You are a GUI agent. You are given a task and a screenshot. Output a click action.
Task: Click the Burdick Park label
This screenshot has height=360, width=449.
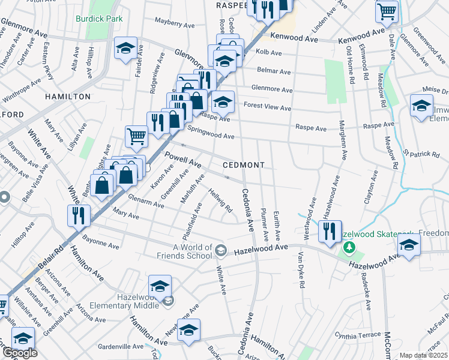99,19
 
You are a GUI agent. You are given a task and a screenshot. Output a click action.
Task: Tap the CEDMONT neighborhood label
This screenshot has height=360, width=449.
244,164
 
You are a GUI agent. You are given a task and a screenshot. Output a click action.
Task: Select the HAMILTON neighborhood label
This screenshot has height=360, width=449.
67,96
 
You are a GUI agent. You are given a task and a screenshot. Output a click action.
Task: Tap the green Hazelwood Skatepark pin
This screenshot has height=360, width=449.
347,247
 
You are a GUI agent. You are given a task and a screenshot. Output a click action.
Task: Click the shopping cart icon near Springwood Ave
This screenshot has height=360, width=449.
137,137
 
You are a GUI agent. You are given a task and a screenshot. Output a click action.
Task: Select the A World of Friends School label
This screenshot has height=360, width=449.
193,251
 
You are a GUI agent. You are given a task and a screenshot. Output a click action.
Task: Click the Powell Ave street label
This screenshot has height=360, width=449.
182,160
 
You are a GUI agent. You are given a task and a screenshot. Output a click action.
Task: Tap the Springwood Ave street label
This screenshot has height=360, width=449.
211,133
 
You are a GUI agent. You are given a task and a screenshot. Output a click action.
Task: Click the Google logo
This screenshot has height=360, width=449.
20,353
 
